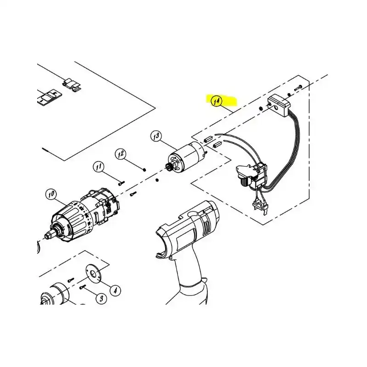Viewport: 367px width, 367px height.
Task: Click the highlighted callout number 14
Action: [x=216, y=101]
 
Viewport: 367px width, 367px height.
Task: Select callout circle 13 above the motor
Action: [x=156, y=136]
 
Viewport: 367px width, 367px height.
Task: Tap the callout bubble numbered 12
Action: [x=121, y=154]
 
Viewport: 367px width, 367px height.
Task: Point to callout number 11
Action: [x=99, y=167]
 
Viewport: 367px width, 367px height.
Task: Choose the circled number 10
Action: [x=51, y=194]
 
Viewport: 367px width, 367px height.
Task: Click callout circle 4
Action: [x=115, y=290]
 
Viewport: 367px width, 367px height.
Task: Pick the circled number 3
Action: [x=101, y=299]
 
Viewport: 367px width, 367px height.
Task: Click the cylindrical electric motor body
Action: [x=187, y=155]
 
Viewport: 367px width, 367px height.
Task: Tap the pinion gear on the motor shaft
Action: [x=168, y=167]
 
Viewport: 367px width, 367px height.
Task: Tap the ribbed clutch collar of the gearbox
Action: [x=68, y=220]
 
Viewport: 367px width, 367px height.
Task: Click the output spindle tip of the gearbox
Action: [x=48, y=235]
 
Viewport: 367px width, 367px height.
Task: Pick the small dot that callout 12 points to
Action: [x=145, y=169]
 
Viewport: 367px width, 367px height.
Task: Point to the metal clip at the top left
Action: [x=72, y=85]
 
